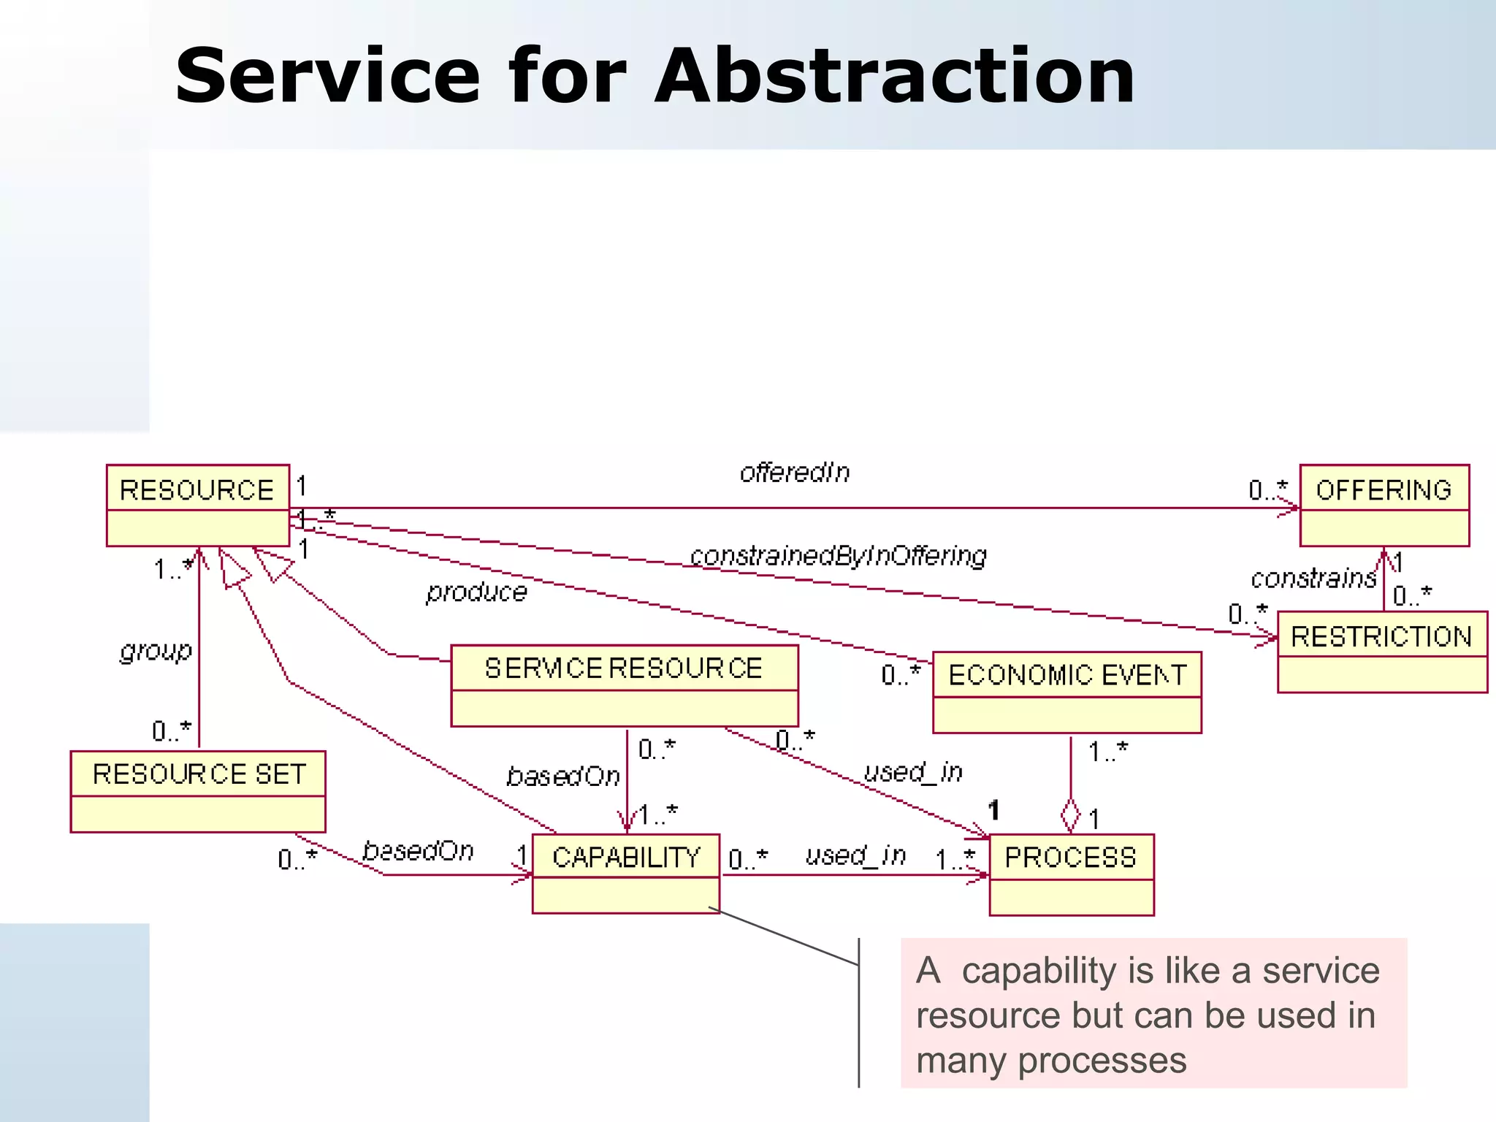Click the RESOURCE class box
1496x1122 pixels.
pyautogui.click(x=197, y=505)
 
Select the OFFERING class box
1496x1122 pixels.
pyautogui.click(x=1384, y=505)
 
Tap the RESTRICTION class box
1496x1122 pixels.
pyautogui.click(x=1381, y=652)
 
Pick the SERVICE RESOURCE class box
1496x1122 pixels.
pyautogui.click(x=624, y=685)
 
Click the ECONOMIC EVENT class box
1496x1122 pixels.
pyautogui.click(x=1066, y=692)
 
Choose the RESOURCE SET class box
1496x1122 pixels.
pyautogui.click(x=197, y=791)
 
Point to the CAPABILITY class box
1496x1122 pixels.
pyautogui.click(x=625, y=873)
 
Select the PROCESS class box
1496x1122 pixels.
pyautogui.click(x=1071, y=874)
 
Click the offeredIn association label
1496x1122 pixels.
pyautogui.click(x=795, y=473)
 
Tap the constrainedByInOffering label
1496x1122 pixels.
pyautogui.click(x=838, y=556)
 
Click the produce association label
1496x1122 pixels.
pyautogui.click(x=476, y=592)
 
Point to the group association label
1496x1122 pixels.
pyautogui.click(x=156, y=650)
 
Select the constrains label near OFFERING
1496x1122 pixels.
pyautogui.click(x=1313, y=579)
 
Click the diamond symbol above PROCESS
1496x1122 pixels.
pyautogui.click(x=1070, y=814)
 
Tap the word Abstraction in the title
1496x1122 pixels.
pyautogui.click(x=894, y=76)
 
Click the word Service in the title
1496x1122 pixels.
pyautogui.click(x=327, y=76)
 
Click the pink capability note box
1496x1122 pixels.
pyautogui.click(x=1153, y=1013)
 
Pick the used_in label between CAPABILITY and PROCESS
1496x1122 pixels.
pyautogui.click(x=855, y=855)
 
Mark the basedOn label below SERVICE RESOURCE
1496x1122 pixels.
pyautogui.click(x=562, y=776)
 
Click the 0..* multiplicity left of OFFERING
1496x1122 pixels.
pyautogui.click(x=1267, y=489)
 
